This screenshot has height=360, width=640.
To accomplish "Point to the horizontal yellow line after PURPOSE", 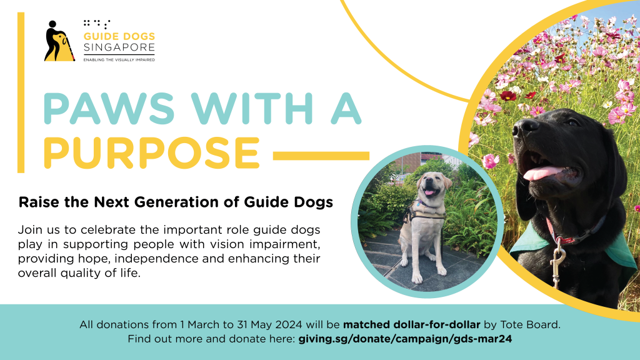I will click(x=321, y=154).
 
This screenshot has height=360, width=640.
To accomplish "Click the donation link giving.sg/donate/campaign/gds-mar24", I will click(x=406, y=339).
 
